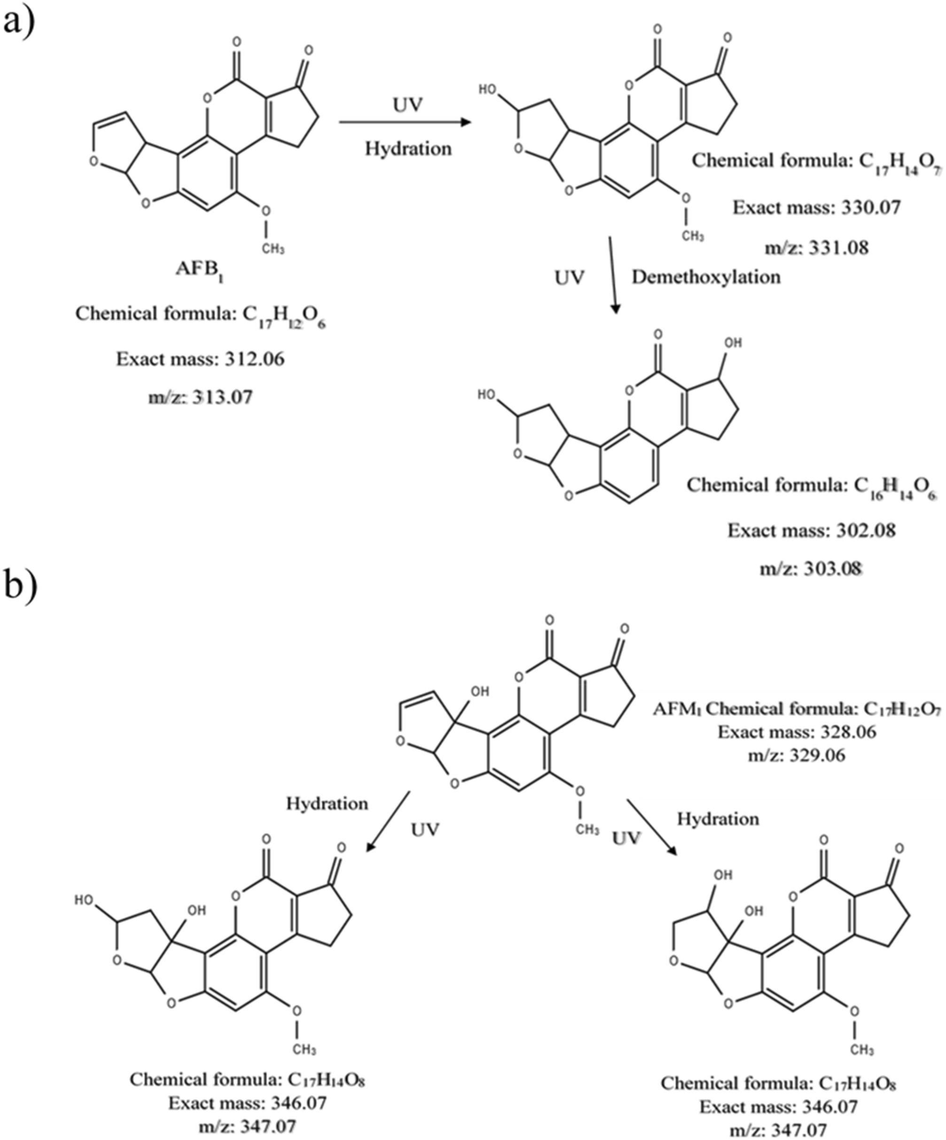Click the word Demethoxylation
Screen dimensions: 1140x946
pyautogui.click(x=705, y=278)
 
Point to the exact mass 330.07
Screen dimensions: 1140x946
pyautogui.click(x=870, y=207)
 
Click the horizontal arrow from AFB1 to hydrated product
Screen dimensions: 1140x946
pyautogui.click(x=405, y=122)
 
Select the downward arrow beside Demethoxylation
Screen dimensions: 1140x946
pyautogui.click(x=612, y=274)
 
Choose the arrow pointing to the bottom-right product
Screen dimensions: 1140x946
pyautogui.click(x=652, y=827)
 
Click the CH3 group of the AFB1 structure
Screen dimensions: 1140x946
pyautogui.click(x=273, y=248)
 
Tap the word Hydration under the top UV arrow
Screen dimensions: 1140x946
pyautogui.click(x=408, y=148)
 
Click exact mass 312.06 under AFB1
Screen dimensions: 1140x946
pyautogui.click(x=254, y=359)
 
